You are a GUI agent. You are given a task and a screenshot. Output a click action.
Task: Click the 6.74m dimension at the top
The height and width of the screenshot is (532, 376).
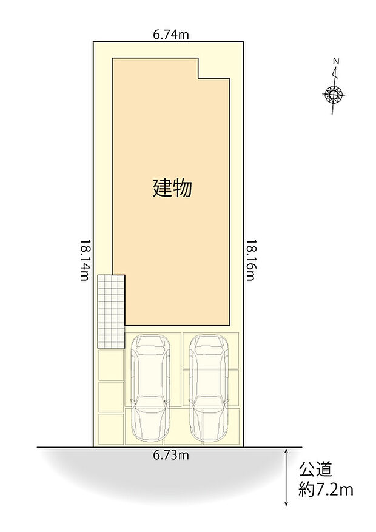[x=170, y=35]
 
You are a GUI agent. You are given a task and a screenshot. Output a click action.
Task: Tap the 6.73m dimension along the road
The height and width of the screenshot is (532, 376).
[x=170, y=456]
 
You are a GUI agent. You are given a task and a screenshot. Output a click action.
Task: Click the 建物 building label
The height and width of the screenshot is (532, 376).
[x=172, y=188]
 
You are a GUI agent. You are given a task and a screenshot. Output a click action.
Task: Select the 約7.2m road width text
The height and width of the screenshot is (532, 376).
[x=326, y=489]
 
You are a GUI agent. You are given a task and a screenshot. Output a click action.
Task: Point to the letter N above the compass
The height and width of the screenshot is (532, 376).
[x=335, y=61]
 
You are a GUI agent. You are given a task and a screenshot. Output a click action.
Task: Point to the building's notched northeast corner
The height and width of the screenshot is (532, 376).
[x=199, y=78]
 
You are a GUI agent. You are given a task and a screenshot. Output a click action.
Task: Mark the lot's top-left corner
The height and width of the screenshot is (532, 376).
[x=93, y=41]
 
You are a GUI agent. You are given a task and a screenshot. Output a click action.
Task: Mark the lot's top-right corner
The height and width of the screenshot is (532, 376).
[x=243, y=41]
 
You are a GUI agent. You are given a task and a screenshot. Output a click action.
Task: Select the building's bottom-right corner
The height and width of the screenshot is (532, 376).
[x=230, y=326]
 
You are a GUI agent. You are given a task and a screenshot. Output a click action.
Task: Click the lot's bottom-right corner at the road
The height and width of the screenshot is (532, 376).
[x=243, y=447]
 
